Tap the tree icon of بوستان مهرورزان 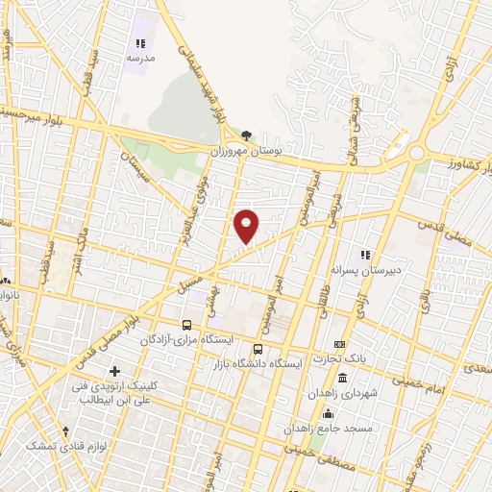point(247,135)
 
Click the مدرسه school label point(139,58)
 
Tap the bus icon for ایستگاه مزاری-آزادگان point(187,325)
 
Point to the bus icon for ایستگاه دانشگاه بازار point(258,350)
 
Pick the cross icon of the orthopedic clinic point(114,371)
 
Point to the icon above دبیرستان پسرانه point(365,255)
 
